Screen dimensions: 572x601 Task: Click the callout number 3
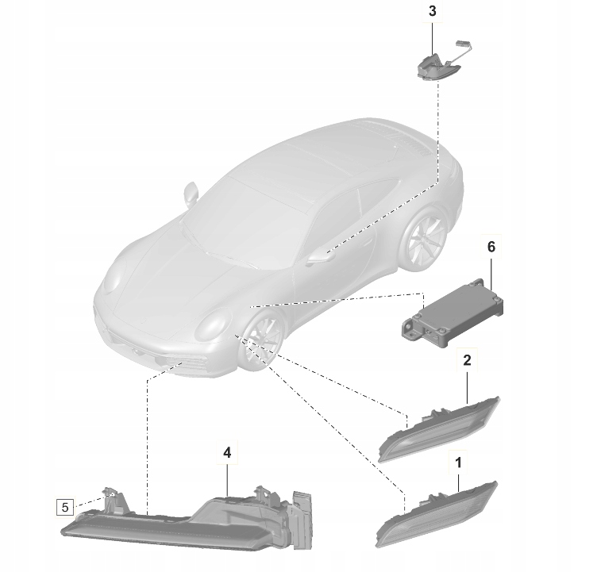point(432,11)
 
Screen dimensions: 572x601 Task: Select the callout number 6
point(491,247)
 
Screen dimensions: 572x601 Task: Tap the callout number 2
point(467,360)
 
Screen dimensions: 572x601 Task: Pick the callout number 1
point(458,460)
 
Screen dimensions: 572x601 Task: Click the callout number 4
point(227,452)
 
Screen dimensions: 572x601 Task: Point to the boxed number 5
point(66,505)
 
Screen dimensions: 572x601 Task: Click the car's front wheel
point(260,342)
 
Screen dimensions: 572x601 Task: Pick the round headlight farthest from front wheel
point(113,278)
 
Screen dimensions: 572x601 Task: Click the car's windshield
point(238,210)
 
